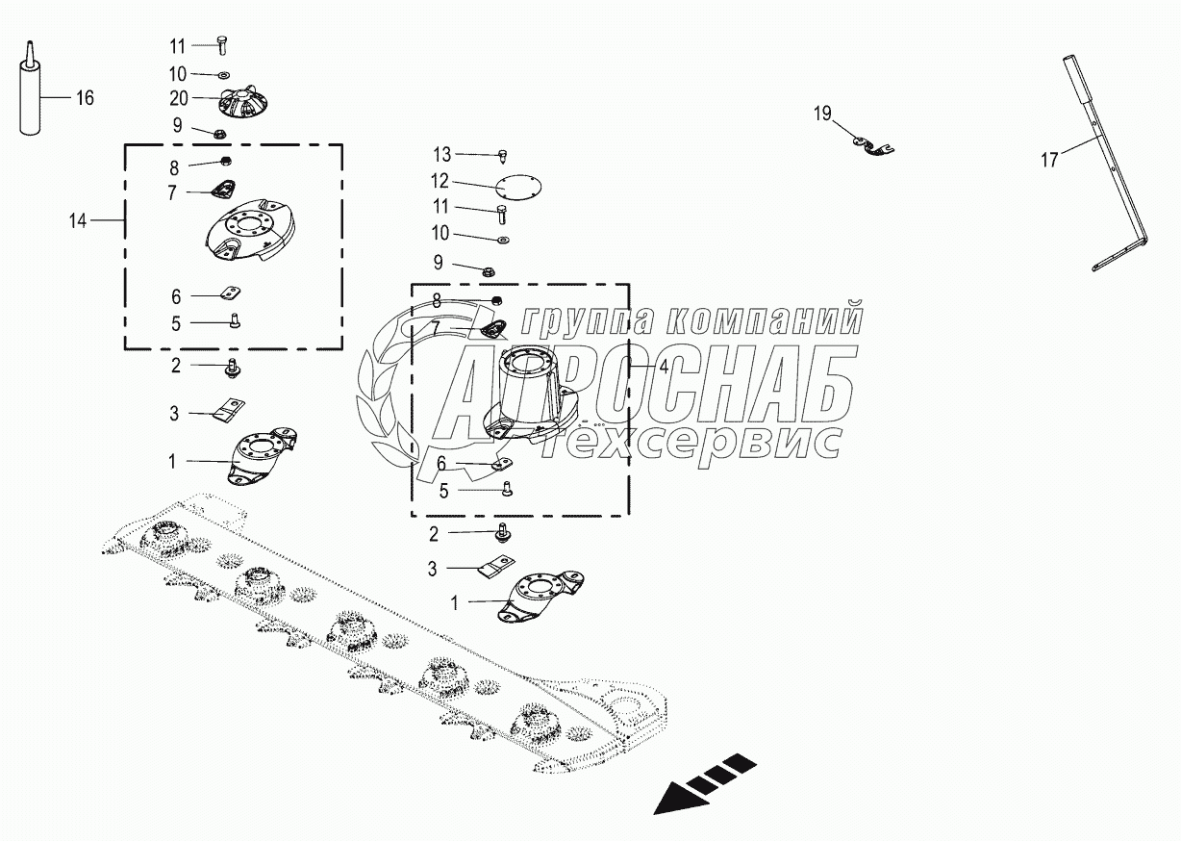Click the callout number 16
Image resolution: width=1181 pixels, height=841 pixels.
coord(85,97)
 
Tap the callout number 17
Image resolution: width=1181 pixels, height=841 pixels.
coord(1049,160)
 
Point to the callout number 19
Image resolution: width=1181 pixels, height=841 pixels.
coord(822,115)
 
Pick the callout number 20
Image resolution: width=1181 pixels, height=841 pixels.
coord(179,98)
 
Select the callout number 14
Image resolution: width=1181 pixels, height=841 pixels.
coord(78,221)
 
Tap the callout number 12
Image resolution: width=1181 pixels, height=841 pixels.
coord(440,181)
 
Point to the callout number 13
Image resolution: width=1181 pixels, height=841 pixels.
coord(441,154)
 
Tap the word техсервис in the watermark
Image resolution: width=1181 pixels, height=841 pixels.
coord(703,443)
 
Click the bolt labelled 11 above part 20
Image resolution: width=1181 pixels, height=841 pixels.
coord(222,44)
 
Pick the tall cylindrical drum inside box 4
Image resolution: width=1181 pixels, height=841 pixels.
coord(524,385)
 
